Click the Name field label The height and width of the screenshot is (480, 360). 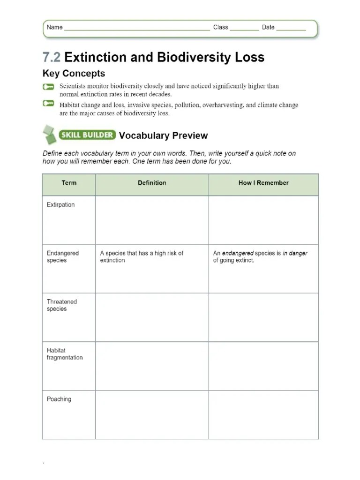coord(54,27)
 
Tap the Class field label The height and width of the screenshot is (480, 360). coord(220,27)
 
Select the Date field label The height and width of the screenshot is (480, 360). coord(268,27)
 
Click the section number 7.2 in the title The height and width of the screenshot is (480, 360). coord(52,57)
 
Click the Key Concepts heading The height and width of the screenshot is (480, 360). coord(74,74)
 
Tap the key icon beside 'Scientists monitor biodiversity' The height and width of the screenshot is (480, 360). coord(48,87)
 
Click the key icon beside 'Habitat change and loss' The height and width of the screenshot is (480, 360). coord(48,104)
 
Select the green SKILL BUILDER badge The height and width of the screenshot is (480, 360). coord(87,135)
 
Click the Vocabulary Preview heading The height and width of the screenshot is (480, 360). coord(163,135)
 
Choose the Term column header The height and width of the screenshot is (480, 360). coord(69,183)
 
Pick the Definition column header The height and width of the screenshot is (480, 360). coord(152,183)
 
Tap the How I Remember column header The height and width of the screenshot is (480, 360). coord(263,183)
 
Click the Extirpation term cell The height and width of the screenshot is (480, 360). coord(60,205)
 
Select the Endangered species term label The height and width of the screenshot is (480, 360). coord(62,256)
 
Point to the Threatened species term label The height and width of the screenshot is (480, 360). coord(61,305)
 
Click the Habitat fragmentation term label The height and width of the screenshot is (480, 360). coord(64,354)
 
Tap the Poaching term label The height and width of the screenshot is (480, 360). coord(59,399)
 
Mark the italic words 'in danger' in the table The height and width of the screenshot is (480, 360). coord(295,253)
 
